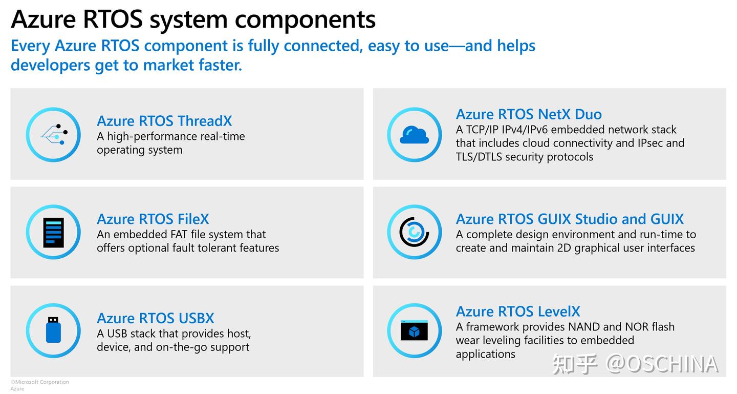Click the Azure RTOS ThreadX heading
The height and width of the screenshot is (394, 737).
[x=164, y=121]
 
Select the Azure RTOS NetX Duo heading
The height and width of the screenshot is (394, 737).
[x=529, y=114]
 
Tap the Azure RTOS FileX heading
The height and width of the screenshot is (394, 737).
[x=153, y=219]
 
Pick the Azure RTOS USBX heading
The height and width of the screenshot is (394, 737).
[x=156, y=318]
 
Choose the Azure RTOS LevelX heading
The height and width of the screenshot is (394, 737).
[x=518, y=311]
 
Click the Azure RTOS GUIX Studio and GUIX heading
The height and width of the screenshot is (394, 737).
[x=570, y=219]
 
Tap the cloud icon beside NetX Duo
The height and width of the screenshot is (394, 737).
[x=414, y=135]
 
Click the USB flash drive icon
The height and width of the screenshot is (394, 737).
[x=53, y=330]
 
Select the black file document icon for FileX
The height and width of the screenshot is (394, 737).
[x=53, y=233]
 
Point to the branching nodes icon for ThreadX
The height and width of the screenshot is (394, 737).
[x=53, y=135]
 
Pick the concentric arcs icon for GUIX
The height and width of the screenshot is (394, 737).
[x=414, y=233]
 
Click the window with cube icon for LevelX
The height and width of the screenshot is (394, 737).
[x=414, y=330]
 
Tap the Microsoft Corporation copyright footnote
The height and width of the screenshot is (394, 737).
[x=39, y=382]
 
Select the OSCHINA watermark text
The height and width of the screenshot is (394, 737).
[x=661, y=364]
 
